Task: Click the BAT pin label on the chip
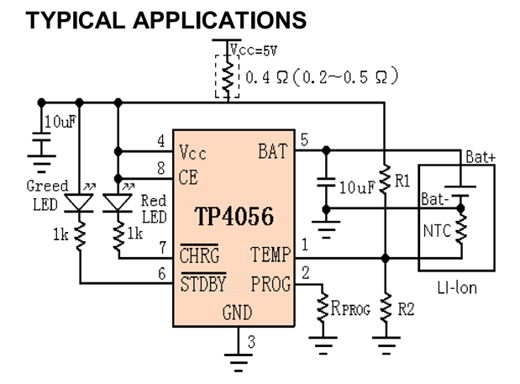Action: [x=273, y=152]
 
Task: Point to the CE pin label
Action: [x=189, y=178]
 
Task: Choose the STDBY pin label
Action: [x=202, y=283]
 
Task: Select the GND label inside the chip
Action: [x=237, y=313]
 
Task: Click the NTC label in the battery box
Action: [x=434, y=228]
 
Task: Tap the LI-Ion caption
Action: [x=457, y=287]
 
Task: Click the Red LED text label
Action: [x=154, y=208]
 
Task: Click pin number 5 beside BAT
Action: [x=304, y=139]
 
